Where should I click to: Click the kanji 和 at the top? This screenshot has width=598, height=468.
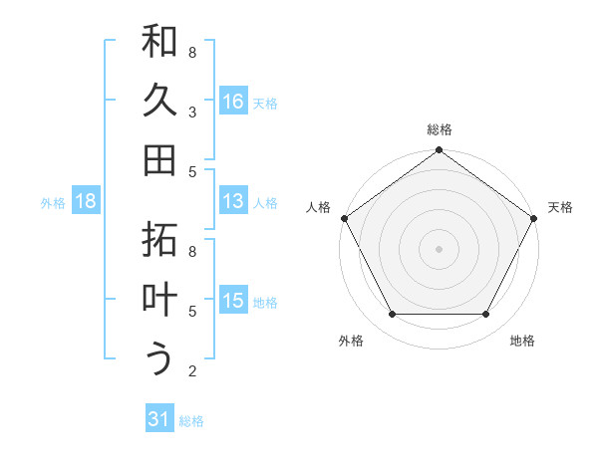pos(159,44)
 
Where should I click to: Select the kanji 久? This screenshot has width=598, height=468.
pos(159,102)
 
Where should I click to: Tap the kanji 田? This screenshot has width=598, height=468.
pos(159,159)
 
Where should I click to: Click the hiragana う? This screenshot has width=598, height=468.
pos(159,359)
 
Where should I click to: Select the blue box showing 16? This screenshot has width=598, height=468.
pos(233,101)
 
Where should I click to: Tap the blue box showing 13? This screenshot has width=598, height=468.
pos(233,202)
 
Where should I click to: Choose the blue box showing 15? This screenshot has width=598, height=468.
pos(233,301)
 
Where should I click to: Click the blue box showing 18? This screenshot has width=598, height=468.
pos(86,202)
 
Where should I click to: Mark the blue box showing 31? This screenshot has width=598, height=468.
pos(159,420)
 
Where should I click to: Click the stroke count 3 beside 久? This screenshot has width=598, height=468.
pos(192,114)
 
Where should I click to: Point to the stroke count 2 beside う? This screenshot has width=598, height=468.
pos(192,372)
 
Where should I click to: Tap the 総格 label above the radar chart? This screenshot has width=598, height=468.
pos(439,129)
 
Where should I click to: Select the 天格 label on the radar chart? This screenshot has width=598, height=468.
pos(560,207)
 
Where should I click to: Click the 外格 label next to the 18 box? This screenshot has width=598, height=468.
pos(53,203)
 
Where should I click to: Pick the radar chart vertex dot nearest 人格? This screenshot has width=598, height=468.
pos(344,217)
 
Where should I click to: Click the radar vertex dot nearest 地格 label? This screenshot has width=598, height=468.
pos(486,315)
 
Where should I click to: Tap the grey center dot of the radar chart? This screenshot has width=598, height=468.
pos(439,248)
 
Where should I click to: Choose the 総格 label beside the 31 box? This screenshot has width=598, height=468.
pos(191,421)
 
